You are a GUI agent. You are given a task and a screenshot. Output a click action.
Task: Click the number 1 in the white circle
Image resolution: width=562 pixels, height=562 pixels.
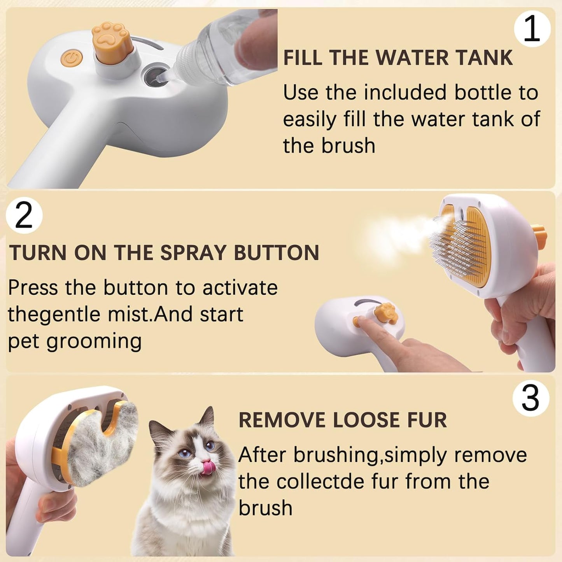[532, 29]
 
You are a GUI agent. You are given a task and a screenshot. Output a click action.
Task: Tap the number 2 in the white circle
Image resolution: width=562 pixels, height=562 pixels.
[24, 215]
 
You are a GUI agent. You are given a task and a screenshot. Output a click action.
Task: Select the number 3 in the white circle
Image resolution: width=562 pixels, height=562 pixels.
[530, 398]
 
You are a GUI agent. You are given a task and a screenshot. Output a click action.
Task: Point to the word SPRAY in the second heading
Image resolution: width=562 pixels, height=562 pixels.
[193, 253]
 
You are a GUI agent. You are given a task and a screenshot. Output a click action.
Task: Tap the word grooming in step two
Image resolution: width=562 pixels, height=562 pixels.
[94, 341]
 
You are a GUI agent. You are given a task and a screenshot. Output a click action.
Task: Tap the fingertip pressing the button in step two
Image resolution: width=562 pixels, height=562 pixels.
[362, 321]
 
